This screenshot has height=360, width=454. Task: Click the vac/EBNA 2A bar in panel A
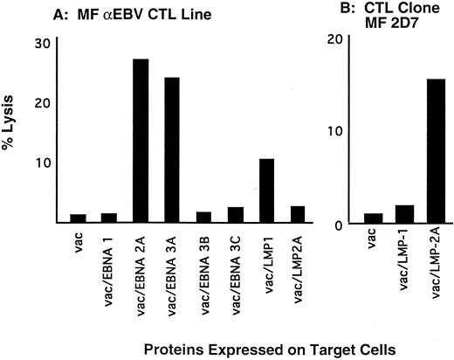click(x=141, y=141)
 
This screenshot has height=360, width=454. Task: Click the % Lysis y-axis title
click(x=15, y=131)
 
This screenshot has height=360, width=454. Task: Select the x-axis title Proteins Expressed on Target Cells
click(x=237, y=348)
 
